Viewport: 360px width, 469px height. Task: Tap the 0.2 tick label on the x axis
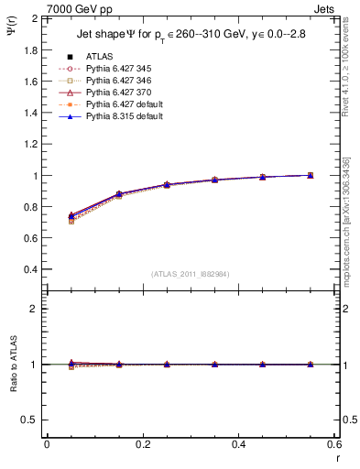pos(142,443)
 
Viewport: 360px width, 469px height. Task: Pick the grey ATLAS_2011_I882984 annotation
pos(190,274)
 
